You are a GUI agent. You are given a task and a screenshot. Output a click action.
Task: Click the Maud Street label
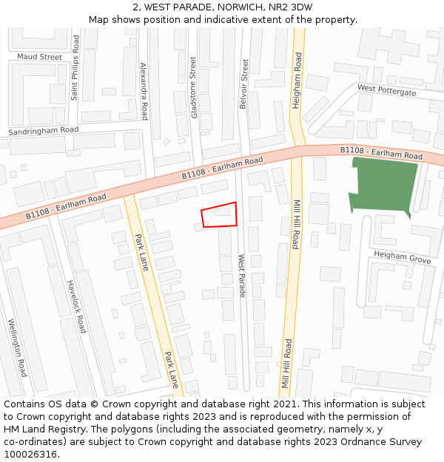[x=40, y=57]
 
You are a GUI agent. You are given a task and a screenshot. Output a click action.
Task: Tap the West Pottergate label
[x=386, y=90]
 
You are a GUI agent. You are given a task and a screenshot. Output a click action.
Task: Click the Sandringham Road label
[x=43, y=130]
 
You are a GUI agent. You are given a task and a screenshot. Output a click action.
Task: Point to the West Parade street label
[x=241, y=276]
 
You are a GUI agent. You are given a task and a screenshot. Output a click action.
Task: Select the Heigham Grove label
[x=402, y=257]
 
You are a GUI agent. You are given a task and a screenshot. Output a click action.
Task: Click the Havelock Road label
[x=76, y=307]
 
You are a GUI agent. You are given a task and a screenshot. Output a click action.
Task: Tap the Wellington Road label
[x=18, y=347]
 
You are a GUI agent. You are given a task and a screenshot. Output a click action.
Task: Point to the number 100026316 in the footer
[x=30, y=454]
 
